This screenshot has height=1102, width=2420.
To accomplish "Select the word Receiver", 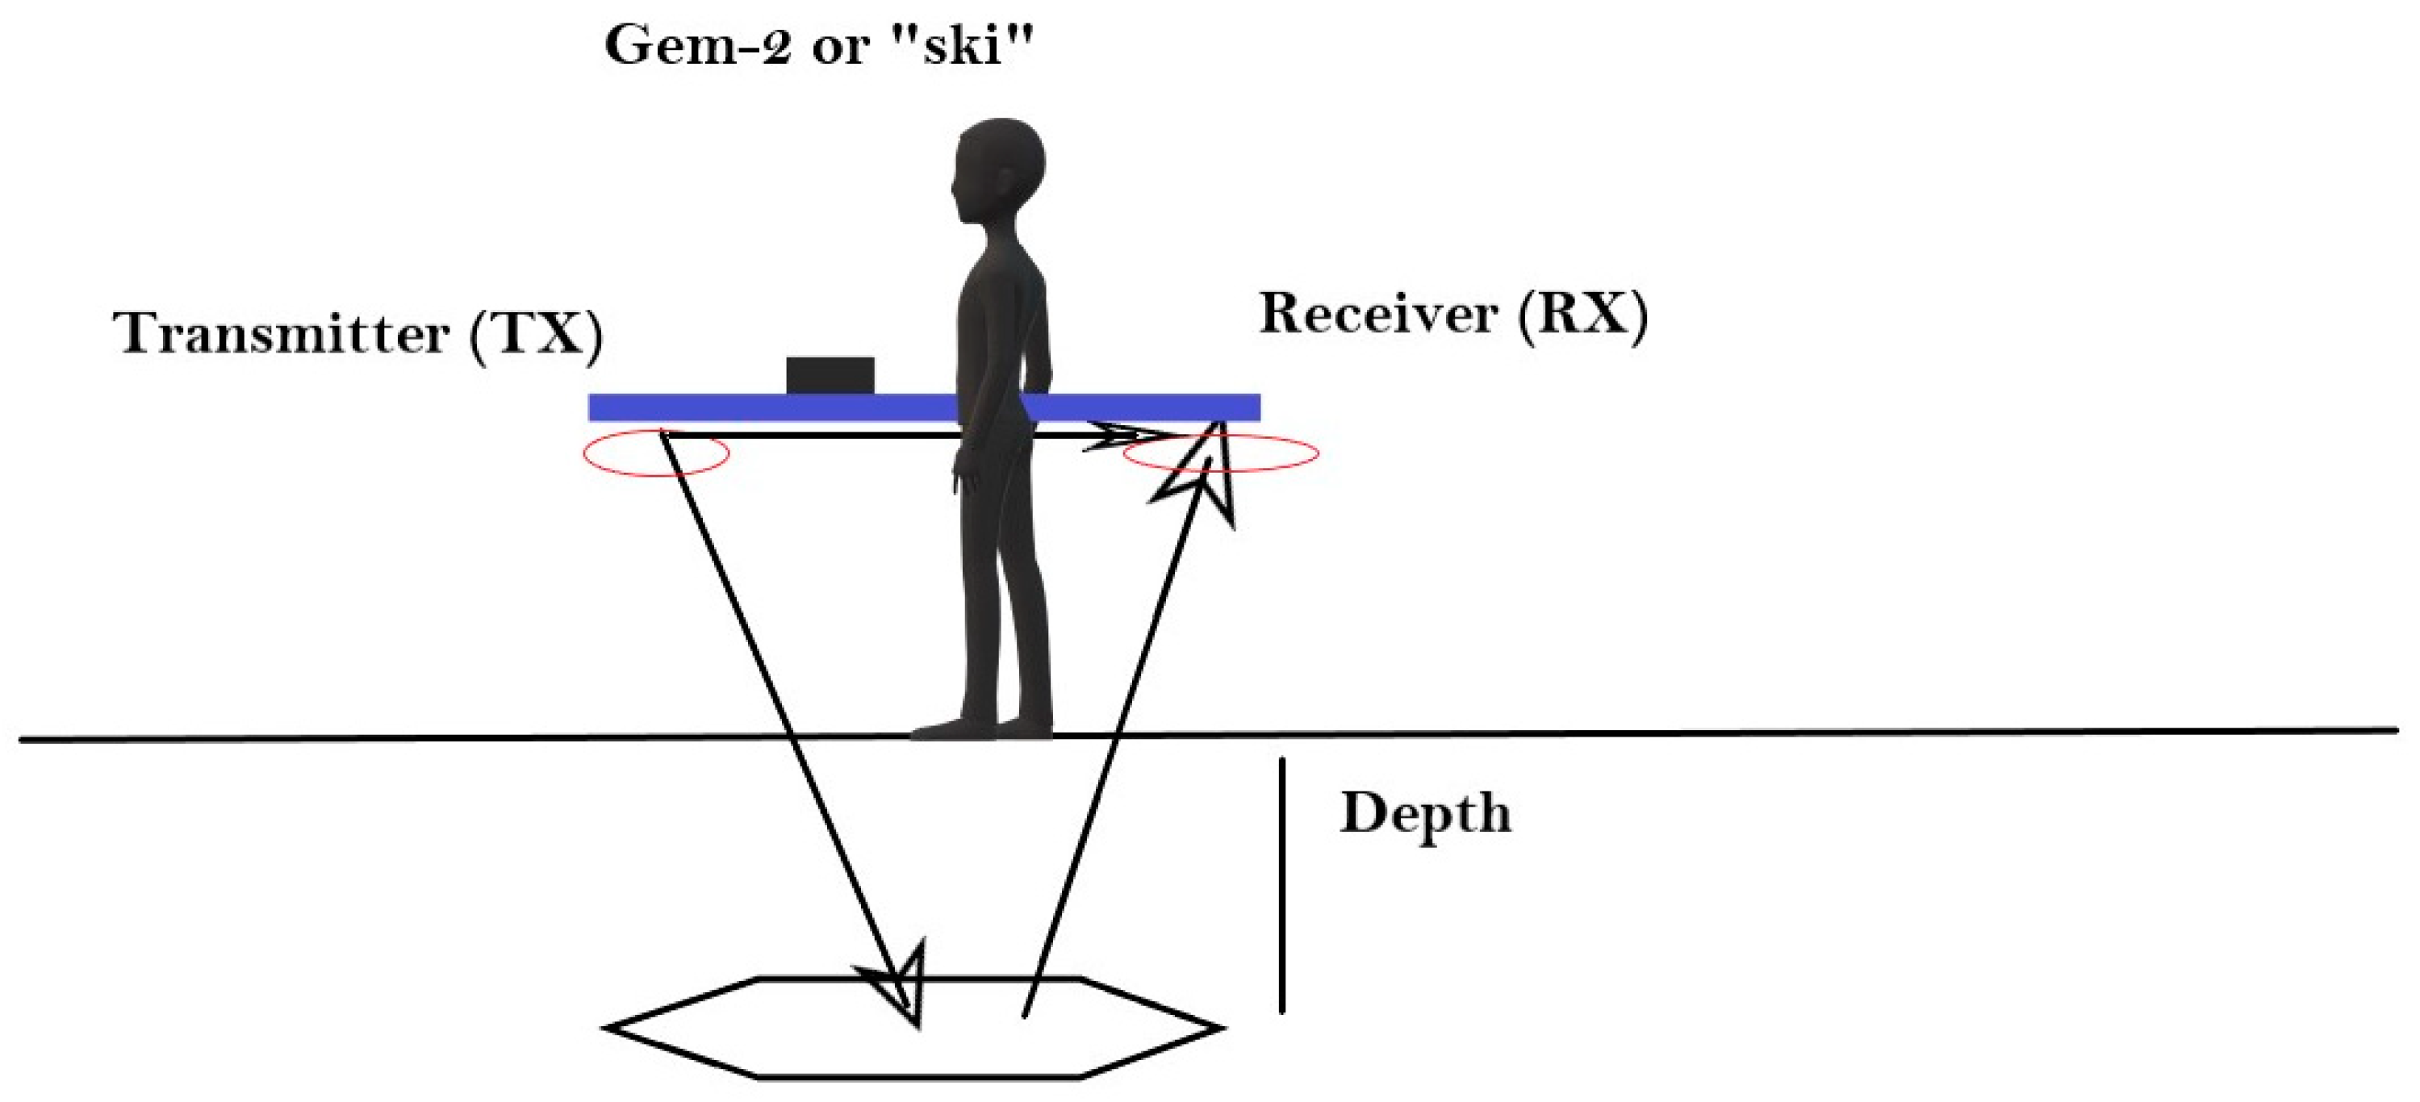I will pyautogui.click(x=1377, y=313).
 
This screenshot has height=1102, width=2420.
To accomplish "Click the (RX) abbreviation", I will pyautogui.click(x=1583, y=313).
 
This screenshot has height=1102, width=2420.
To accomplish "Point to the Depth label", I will pyautogui.click(x=1425, y=812).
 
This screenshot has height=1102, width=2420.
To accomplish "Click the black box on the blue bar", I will pyautogui.click(x=830, y=376).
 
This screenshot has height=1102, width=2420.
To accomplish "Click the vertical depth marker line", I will pyautogui.click(x=1281, y=884).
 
